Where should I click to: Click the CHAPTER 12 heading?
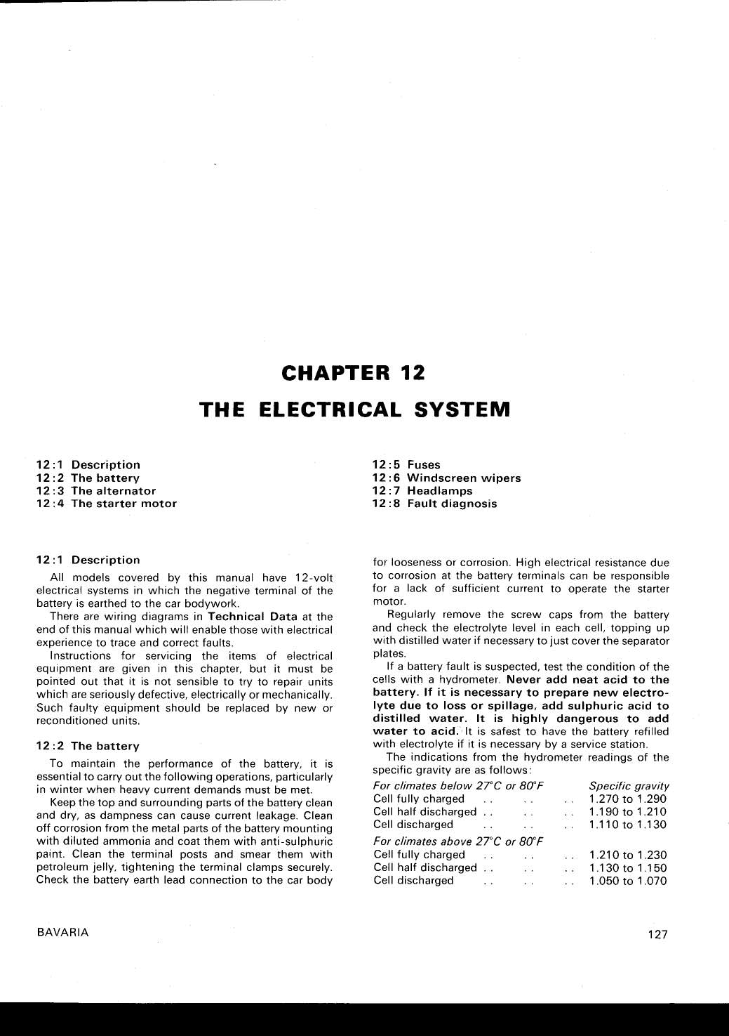tap(353, 372)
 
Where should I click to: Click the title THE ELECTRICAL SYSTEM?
tap(354, 409)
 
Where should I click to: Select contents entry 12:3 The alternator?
tap(96, 491)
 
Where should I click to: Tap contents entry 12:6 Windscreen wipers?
tap(446, 478)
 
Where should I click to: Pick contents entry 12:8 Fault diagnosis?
tap(434, 504)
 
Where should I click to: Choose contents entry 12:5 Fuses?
tap(406, 464)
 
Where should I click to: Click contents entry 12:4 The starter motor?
tap(107, 504)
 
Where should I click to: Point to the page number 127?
tap(657, 934)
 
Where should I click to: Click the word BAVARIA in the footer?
tap(63, 933)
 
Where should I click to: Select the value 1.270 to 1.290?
tap(628, 799)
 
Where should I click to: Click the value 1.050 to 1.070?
tap(628, 881)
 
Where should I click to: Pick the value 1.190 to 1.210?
tap(628, 812)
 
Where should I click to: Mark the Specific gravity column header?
tap(629, 786)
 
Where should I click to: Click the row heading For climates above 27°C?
tap(459, 841)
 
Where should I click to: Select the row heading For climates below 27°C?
tap(459, 786)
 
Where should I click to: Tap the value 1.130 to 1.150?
tap(628, 867)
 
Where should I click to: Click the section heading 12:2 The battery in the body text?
tap(88, 746)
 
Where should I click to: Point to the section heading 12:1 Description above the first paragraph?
tap(88, 560)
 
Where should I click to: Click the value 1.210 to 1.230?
tap(628, 855)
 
